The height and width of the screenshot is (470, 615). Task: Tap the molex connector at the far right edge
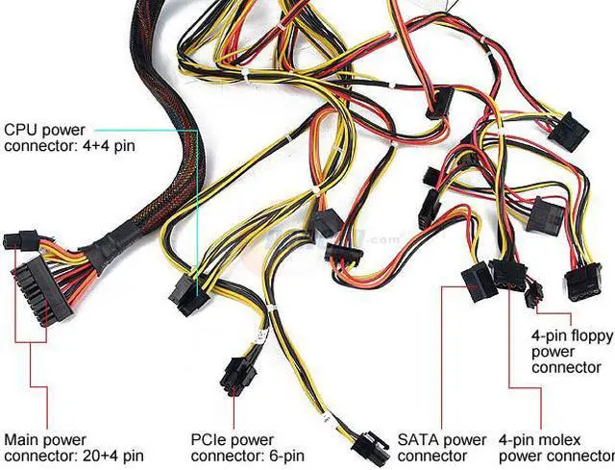582,284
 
